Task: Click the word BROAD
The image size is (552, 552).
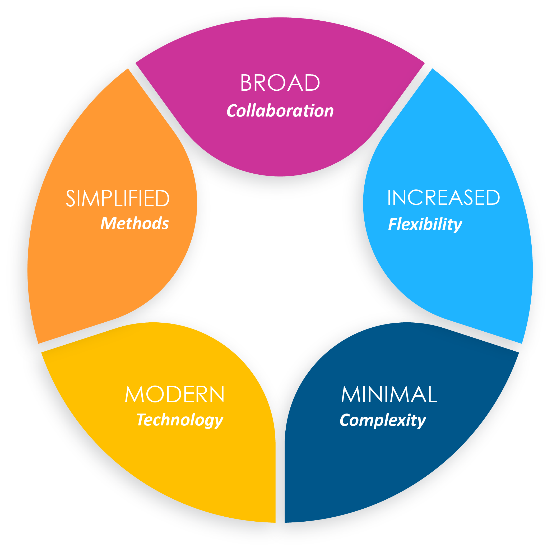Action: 280,83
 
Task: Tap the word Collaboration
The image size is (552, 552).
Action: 280,111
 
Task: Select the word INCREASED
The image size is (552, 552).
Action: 443,197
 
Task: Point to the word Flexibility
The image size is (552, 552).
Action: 425,224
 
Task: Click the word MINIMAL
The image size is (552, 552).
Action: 389,395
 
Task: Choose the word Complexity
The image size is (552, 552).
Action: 383,420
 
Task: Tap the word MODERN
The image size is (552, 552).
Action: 175,395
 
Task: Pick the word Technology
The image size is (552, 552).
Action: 180,420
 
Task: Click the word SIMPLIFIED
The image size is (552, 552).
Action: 118,198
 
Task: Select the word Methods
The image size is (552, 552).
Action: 134,224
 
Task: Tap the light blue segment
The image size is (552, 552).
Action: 457,271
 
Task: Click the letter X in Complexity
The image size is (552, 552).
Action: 403,420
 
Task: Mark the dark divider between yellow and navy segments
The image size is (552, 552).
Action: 280,471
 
